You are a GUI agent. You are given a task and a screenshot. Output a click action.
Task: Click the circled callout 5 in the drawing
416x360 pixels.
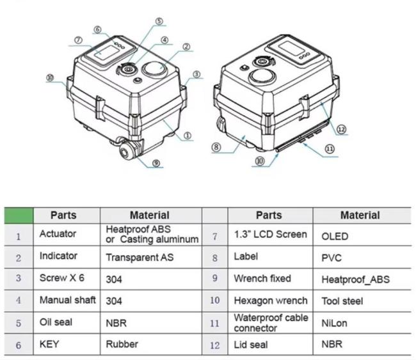point(159,21)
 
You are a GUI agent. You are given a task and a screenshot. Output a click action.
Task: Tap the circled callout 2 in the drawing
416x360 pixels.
point(186,46)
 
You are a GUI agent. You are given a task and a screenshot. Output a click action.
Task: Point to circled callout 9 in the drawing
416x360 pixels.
point(157,164)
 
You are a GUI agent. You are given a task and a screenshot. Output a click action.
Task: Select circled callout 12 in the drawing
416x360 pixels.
point(342,129)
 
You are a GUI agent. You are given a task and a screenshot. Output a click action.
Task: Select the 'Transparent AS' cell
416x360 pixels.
point(139,257)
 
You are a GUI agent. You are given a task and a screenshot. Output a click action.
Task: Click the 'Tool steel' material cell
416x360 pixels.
point(342,301)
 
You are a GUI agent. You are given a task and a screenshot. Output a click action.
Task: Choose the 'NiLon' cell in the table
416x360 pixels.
point(334,323)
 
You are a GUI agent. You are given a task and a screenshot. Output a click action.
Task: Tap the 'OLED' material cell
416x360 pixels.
point(335,236)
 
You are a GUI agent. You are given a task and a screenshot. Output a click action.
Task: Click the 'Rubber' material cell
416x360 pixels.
point(122,344)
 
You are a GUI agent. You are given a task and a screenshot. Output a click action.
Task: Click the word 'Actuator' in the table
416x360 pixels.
point(58,234)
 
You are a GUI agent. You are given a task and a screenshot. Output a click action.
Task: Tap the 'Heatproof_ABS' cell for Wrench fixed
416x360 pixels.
point(356,279)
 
